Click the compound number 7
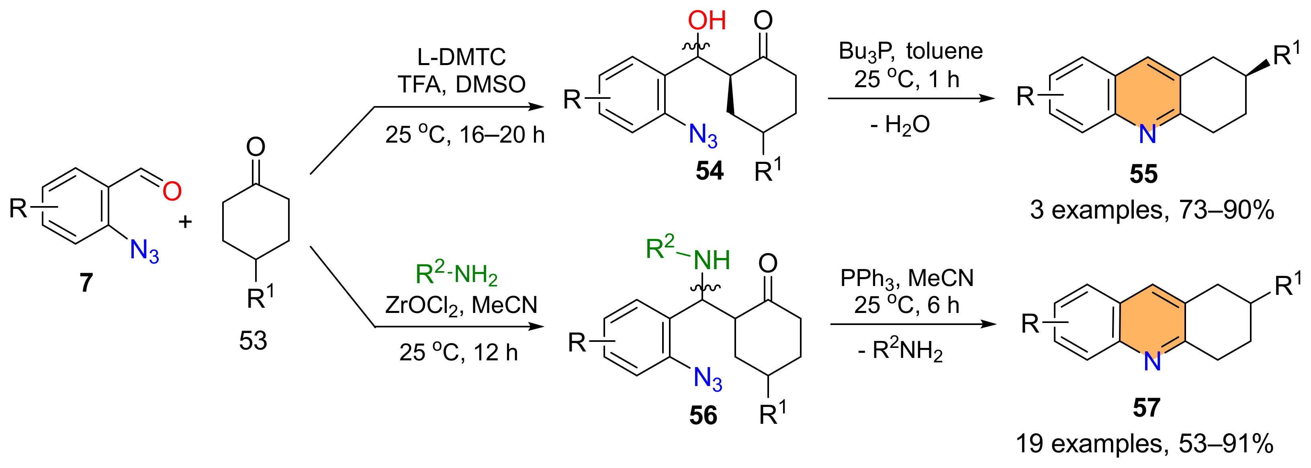click(x=86, y=282)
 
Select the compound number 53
click(x=253, y=340)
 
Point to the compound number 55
click(x=1143, y=174)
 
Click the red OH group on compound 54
click(x=706, y=20)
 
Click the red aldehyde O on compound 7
click(x=172, y=191)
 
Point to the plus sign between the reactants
click(x=185, y=221)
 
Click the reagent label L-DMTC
click(x=461, y=57)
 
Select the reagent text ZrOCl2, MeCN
click(x=461, y=306)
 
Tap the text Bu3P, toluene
click(x=910, y=51)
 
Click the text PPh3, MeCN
click(x=906, y=278)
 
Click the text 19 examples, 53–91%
click(x=1145, y=443)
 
